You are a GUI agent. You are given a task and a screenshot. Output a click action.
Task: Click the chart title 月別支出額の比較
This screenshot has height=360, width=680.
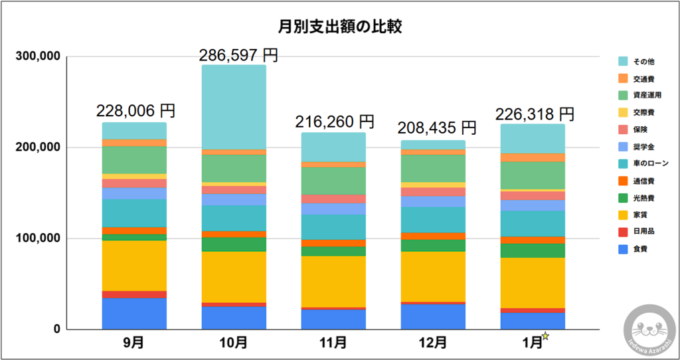coord(339,27)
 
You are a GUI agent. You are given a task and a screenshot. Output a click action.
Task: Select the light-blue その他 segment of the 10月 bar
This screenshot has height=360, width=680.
coord(234,107)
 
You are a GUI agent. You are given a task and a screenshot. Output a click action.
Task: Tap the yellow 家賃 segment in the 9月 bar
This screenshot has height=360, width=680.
coord(134,265)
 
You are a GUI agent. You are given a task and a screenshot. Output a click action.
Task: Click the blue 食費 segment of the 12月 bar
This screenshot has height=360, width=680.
coord(433,316)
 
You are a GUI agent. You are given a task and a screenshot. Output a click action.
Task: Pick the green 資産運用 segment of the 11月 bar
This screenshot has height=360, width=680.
coord(333,180)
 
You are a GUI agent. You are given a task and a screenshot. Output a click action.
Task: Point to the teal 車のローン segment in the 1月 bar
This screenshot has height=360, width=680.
coord(533,223)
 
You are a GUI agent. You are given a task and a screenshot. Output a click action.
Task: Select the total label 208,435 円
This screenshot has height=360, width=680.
coord(436,127)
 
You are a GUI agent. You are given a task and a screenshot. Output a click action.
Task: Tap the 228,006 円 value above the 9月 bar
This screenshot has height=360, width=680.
coord(135,109)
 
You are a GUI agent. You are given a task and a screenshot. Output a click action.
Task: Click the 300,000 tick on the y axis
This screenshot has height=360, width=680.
coord(38,57)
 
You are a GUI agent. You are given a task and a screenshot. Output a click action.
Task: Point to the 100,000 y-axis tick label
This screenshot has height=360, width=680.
coord(38,238)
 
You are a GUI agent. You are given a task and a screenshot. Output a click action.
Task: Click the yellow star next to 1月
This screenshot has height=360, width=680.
coord(546,336)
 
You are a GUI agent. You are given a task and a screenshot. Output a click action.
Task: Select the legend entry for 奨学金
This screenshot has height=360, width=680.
coord(641,145)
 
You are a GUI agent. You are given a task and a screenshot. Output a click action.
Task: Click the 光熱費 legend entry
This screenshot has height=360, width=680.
coord(641,197)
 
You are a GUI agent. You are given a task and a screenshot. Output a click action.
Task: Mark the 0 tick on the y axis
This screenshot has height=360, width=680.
coord(56,329)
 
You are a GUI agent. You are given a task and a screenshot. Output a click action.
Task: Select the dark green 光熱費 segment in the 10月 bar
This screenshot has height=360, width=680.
coord(234,244)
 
